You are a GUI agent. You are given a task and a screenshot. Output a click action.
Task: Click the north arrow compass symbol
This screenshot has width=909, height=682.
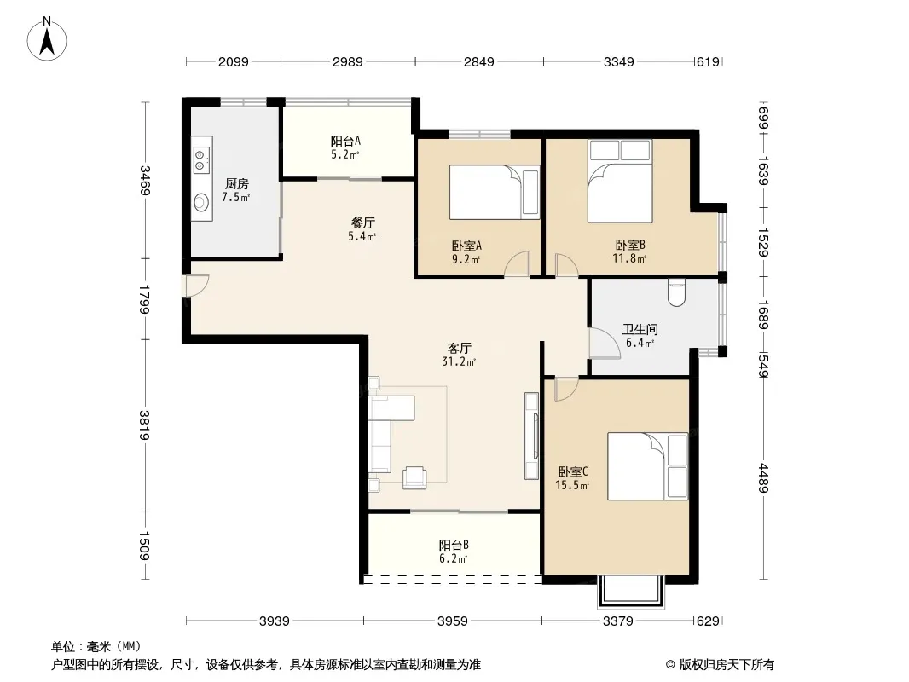click(x=47, y=39)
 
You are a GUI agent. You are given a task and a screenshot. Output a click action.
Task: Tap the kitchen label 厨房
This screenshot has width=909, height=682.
click(x=236, y=183)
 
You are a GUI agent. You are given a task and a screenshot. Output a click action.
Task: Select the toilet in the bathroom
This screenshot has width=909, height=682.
click(x=676, y=292)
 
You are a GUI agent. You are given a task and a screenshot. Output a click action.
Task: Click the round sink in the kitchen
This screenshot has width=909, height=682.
click(x=201, y=202)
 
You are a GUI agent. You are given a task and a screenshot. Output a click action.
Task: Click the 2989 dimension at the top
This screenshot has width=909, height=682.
click(x=347, y=61)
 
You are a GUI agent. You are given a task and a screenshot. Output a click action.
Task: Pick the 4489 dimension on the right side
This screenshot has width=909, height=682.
click(x=763, y=478)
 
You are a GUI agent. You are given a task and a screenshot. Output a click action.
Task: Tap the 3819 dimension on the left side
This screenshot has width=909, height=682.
click(x=144, y=425)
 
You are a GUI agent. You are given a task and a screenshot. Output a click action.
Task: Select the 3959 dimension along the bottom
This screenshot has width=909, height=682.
click(x=452, y=621)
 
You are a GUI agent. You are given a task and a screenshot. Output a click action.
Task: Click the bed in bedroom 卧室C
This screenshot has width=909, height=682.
click(x=647, y=465)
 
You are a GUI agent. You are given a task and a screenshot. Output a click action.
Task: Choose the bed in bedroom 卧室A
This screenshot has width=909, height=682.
click(x=495, y=193)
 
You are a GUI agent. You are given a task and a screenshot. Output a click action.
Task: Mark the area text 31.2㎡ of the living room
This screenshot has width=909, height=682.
click(x=459, y=362)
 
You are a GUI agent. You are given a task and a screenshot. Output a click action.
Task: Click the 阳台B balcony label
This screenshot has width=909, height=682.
click(x=454, y=545)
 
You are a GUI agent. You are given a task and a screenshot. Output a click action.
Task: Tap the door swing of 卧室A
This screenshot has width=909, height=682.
click(x=517, y=263)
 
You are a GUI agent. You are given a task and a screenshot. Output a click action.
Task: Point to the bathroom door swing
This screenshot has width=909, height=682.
click(x=604, y=343)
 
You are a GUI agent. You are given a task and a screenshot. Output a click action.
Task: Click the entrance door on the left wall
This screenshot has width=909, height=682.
click(x=196, y=285)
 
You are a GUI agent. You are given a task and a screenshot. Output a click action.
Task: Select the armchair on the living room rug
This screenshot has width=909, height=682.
click(x=414, y=477)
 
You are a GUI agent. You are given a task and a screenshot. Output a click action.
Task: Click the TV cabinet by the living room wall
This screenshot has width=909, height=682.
click(x=531, y=436)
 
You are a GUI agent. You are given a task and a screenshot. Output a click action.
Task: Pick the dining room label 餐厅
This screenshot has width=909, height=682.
click(x=363, y=223)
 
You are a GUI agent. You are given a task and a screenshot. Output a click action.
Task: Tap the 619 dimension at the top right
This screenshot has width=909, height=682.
click(x=707, y=61)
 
